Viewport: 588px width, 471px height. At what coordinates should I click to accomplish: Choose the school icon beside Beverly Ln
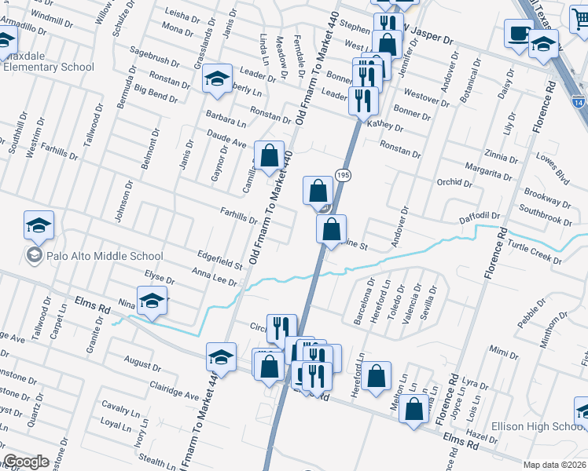pyautogui.click(x=217, y=78)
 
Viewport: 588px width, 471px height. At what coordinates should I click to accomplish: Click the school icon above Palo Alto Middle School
pyautogui.click(x=39, y=226)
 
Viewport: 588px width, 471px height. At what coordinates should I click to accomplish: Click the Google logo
pyautogui.click(x=27, y=462)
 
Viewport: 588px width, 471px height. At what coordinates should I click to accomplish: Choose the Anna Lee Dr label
pyautogui.click(x=214, y=276)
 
